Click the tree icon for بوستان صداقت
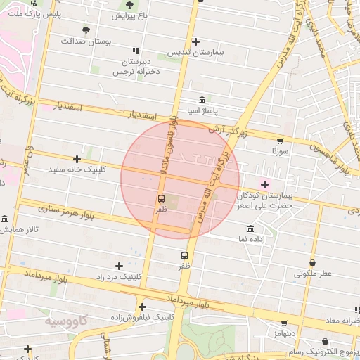[86, 31]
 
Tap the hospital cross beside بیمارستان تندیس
[195, 42]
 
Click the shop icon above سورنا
[281, 141]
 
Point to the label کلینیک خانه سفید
[77, 170]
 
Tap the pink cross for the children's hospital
[264, 184]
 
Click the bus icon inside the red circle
[161, 199]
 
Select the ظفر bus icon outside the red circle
[184, 256]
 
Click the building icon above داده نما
[251, 229]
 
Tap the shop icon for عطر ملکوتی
[312, 263]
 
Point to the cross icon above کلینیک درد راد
[119, 266]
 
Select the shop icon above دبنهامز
[284, 324]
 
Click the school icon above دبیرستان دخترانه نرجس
[136, 51]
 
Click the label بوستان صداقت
[86, 42]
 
